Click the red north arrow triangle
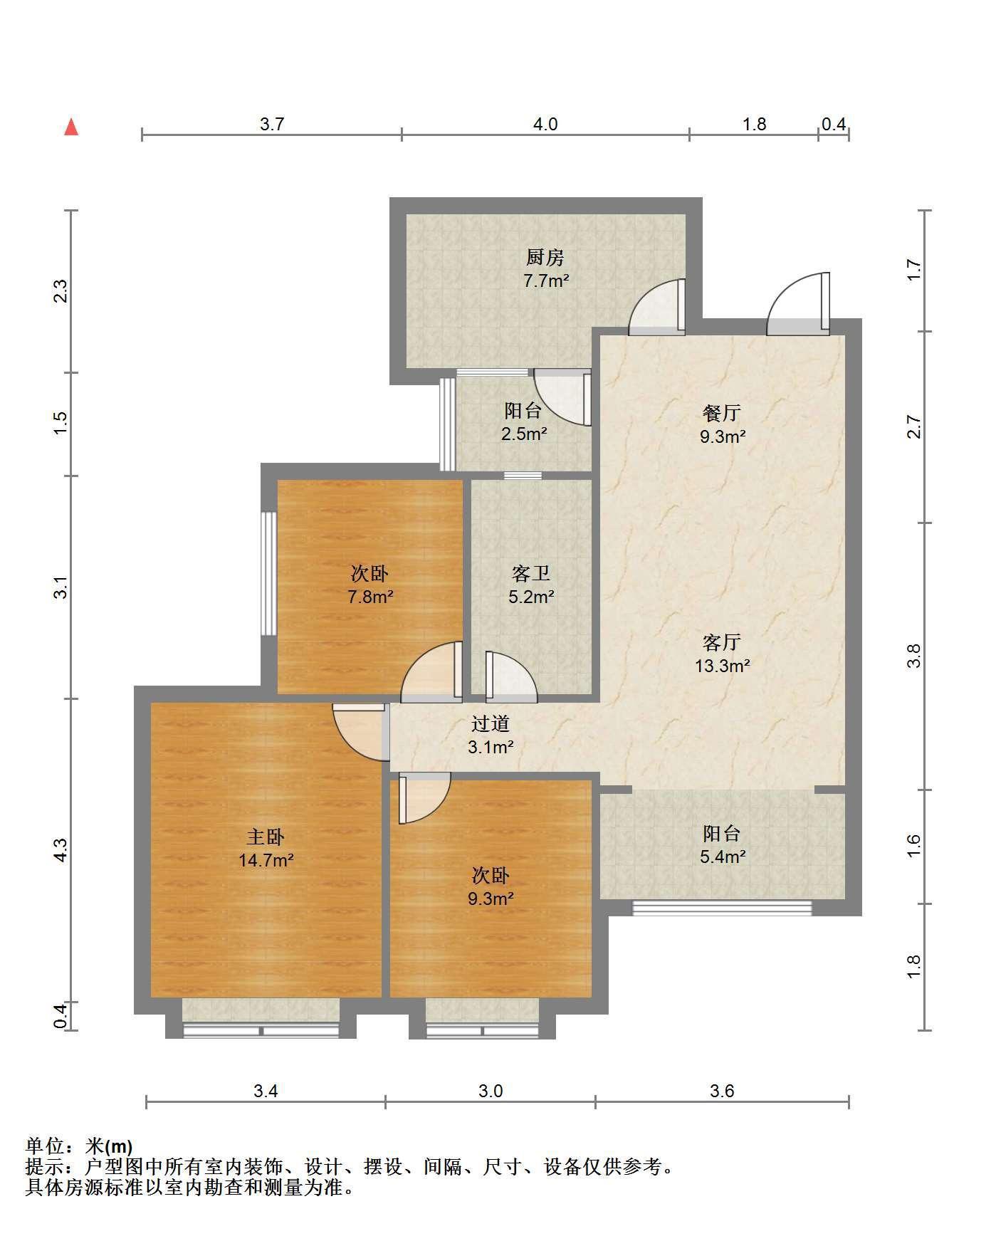coord(71,127)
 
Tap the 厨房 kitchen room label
coord(545,257)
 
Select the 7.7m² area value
coord(546,281)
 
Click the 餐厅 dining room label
coord(722,413)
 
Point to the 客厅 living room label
coord(722,643)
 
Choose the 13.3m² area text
coord(723,666)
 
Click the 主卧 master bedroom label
coord(266,837)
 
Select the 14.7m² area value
coord(266,860)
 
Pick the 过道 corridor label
coord(491,724)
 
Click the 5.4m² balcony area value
coord(723,857)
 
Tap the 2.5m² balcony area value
coord(524,434)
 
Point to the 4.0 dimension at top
coord(545,125)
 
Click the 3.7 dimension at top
coord(272,125)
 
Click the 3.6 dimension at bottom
coord(722,1091)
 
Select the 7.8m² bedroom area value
coord(370,597)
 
